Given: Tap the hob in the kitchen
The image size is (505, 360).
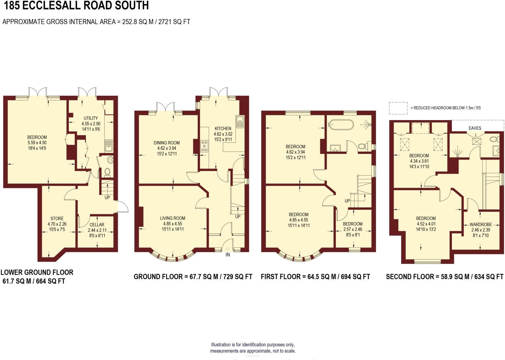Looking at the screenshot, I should point(204,146).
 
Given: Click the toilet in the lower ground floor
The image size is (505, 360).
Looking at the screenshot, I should point(107,172).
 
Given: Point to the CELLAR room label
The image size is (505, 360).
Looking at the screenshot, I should point(97,225).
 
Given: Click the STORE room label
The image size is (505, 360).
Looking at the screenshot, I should point(57,219).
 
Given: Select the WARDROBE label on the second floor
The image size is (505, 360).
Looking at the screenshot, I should point(481,225).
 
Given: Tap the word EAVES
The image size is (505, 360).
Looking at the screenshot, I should point(475,128).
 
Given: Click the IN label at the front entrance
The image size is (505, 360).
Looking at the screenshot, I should point(228,255).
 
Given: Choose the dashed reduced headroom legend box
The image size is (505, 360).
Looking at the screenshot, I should point(398,108).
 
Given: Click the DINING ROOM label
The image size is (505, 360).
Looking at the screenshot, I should point(167,143).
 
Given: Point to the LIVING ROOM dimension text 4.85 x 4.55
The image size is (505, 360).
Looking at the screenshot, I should point(173,224).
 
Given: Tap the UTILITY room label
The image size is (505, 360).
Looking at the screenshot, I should point(91,118).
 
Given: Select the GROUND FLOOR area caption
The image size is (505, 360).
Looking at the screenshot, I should point(193,277).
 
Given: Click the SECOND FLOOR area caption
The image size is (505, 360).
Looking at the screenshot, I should point(444,277).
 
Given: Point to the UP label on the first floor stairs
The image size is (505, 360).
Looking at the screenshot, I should point(347,201).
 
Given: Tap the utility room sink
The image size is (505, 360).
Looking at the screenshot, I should point(109,146).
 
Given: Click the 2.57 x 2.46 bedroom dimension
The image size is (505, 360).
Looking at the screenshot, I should point(353,229).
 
